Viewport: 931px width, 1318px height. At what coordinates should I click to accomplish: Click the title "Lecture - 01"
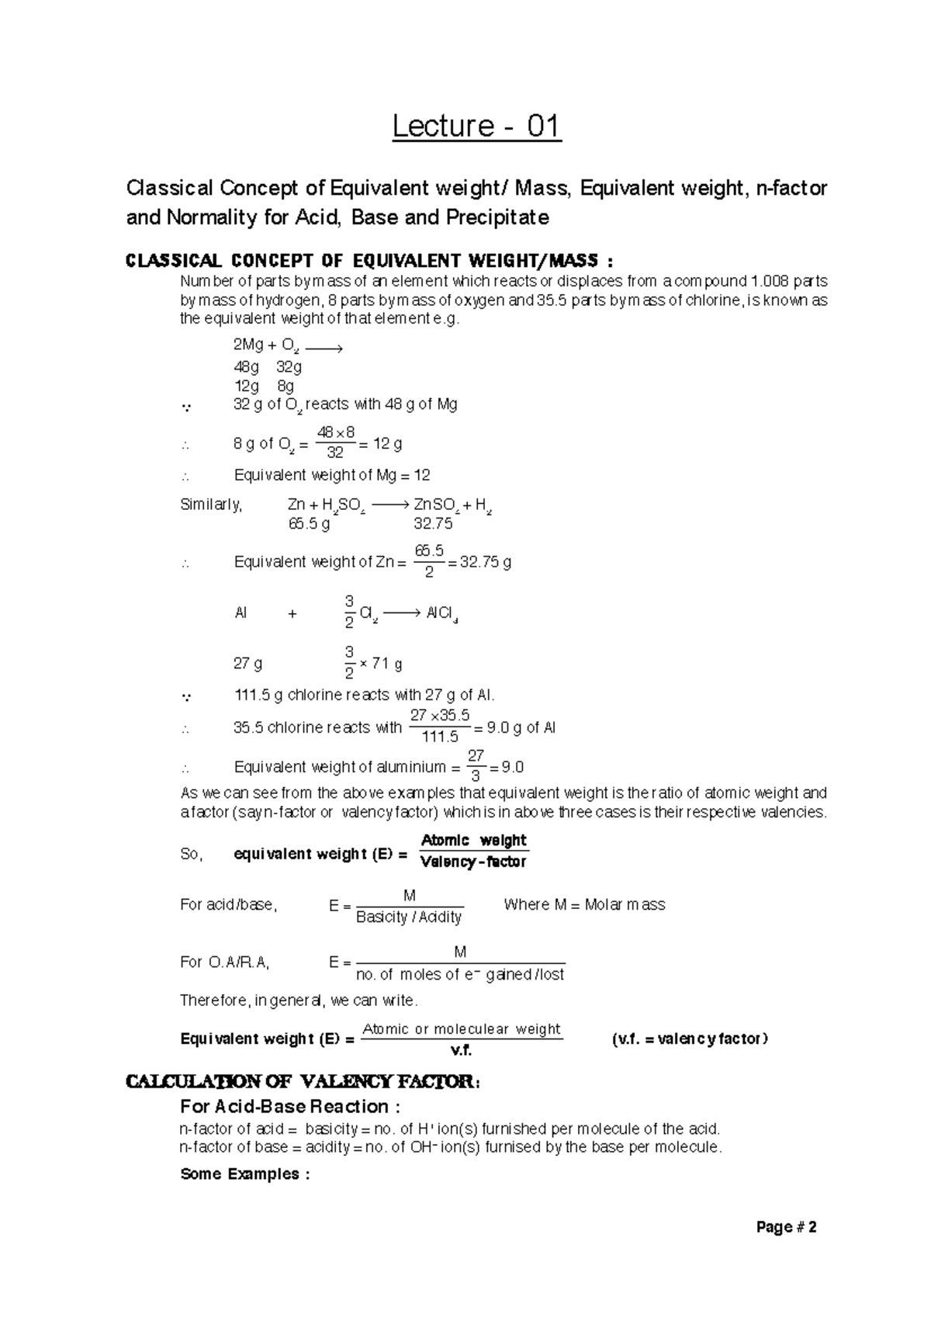476,127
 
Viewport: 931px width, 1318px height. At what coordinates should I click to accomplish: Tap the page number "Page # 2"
787,1228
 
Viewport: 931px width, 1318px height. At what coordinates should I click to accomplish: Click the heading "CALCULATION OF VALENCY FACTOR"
302,1080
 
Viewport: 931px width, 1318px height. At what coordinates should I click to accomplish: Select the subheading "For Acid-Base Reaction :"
289,1106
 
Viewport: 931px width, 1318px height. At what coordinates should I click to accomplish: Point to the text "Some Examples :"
244,1174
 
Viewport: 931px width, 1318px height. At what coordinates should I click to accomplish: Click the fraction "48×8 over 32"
336,442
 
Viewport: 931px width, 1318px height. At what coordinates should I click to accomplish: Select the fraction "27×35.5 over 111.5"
440,726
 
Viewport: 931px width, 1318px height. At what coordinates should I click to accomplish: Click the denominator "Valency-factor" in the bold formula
473,862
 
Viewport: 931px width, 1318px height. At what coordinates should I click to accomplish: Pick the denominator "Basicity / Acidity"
409,917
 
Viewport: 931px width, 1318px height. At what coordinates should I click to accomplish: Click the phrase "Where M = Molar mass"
584,904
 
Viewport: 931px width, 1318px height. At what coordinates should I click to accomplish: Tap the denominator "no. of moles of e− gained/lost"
459,974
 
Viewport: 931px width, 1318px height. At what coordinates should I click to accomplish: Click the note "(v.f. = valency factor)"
690,1039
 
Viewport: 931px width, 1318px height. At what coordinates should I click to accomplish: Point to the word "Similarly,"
211,505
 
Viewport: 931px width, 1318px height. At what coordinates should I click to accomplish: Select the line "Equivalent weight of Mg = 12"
332,475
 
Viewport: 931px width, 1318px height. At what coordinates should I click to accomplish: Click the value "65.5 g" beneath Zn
309,524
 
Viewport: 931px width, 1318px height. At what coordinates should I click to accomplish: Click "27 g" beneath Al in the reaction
247,664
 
